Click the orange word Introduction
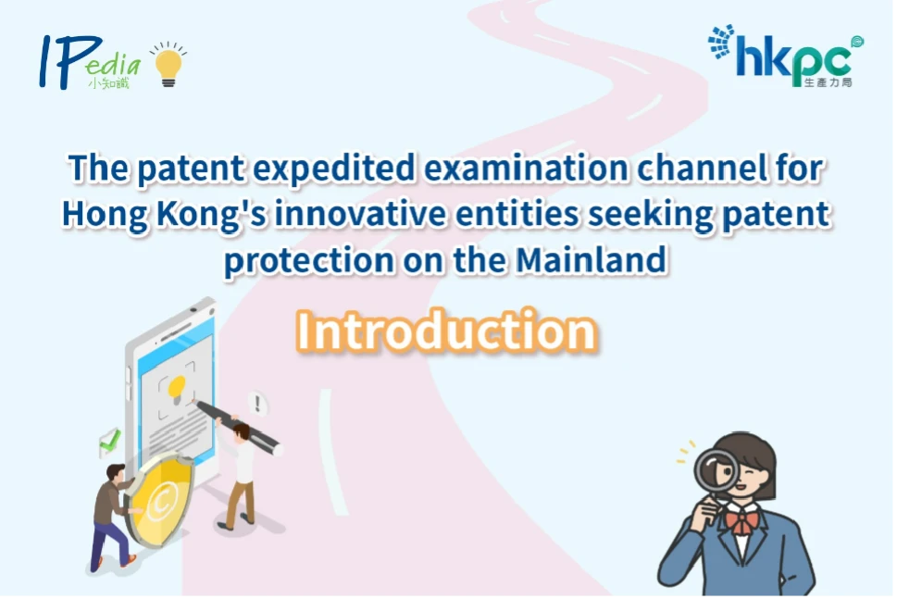pos(446,331)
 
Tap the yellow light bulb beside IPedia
pos(168,66)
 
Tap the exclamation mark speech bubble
pos(257,404)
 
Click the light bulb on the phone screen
pos(177,390)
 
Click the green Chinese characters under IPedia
pos(108,83)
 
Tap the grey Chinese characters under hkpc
pos(828,82)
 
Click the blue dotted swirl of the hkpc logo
pos(721,42)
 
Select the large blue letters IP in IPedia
pos(69,62)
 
